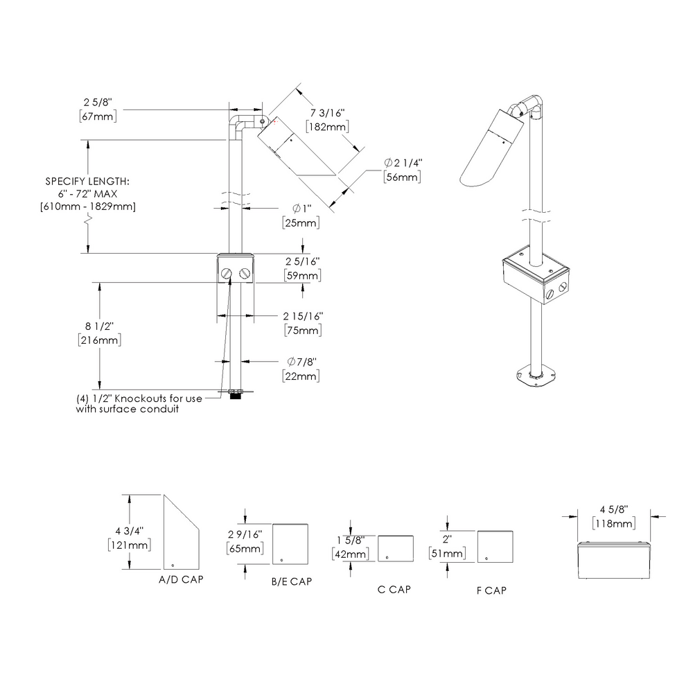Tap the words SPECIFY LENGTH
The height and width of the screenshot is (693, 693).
(x=88, y=181)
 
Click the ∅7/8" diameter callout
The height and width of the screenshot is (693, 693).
(x=301, y=362)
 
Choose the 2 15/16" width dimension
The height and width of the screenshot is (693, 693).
(x=303, y=316)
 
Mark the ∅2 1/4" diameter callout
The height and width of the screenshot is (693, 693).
(x=403, y=163)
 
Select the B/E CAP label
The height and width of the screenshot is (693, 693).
(x=291, y=581)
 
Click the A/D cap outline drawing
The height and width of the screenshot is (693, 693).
(x=180, y=534)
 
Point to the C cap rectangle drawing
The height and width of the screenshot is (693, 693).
(x=396, y=547)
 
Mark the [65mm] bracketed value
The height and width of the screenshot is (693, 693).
(x=245, y=549)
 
